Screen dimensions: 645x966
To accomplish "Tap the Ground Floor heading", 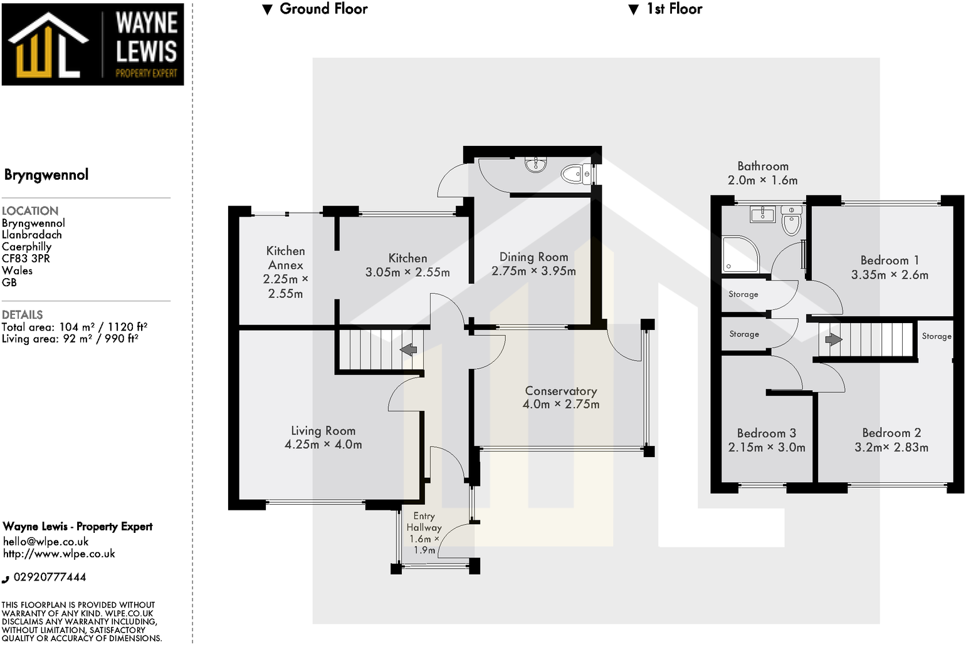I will (323, 9).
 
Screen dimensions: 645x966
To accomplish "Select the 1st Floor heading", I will (674, 9).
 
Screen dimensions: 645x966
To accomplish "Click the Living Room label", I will (323, 431).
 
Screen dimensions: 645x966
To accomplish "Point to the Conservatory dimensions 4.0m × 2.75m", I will (561, 405).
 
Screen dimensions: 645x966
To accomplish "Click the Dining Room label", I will (533, 257).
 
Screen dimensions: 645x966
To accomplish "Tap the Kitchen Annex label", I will (285, 257).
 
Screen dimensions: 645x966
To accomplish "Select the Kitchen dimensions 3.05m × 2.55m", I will (407, 272).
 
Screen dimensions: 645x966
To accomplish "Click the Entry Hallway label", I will (424, 522).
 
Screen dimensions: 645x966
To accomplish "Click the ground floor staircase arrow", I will (409, 349).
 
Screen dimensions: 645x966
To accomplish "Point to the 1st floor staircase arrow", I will (833, 339).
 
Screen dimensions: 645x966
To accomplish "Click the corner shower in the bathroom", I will (739, 254).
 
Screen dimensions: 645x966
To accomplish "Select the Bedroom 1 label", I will (889, 261).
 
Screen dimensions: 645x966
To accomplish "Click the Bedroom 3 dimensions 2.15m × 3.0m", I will (766, 448).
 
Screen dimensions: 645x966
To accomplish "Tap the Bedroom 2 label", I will (891, 433).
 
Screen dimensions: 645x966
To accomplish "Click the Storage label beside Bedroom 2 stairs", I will (936, 336).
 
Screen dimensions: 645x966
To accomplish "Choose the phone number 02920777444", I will (50, 577).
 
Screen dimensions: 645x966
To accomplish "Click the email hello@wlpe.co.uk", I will (46, 542).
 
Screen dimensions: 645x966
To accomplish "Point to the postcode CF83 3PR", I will (26, 259).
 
